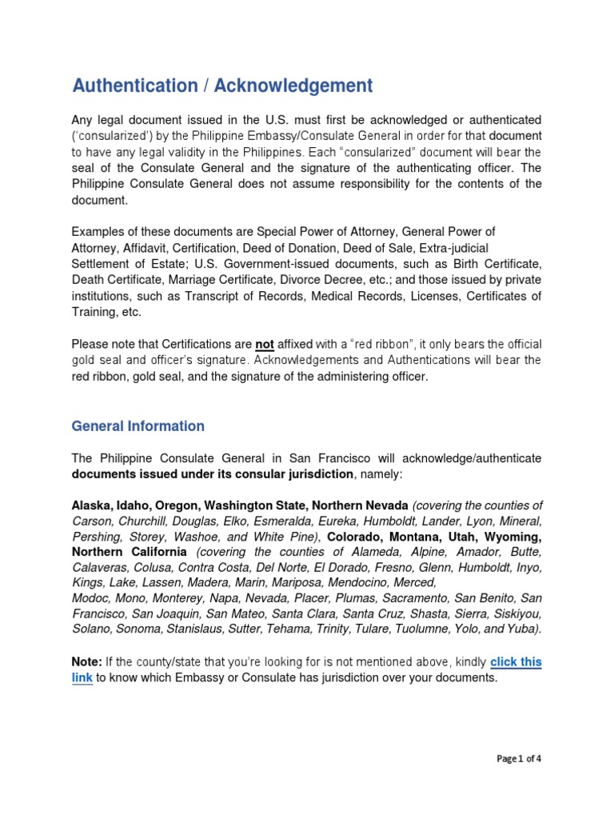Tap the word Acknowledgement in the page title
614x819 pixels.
tap(293, 86)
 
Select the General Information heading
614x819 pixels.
tap(138, 426)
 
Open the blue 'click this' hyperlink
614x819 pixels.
tap(516, 661)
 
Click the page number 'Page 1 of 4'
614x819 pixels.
tap(519, 759)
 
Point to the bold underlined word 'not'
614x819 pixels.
tap(265, 344)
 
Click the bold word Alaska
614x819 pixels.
tap(92, 505)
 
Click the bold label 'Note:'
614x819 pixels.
tap(86, 661)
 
